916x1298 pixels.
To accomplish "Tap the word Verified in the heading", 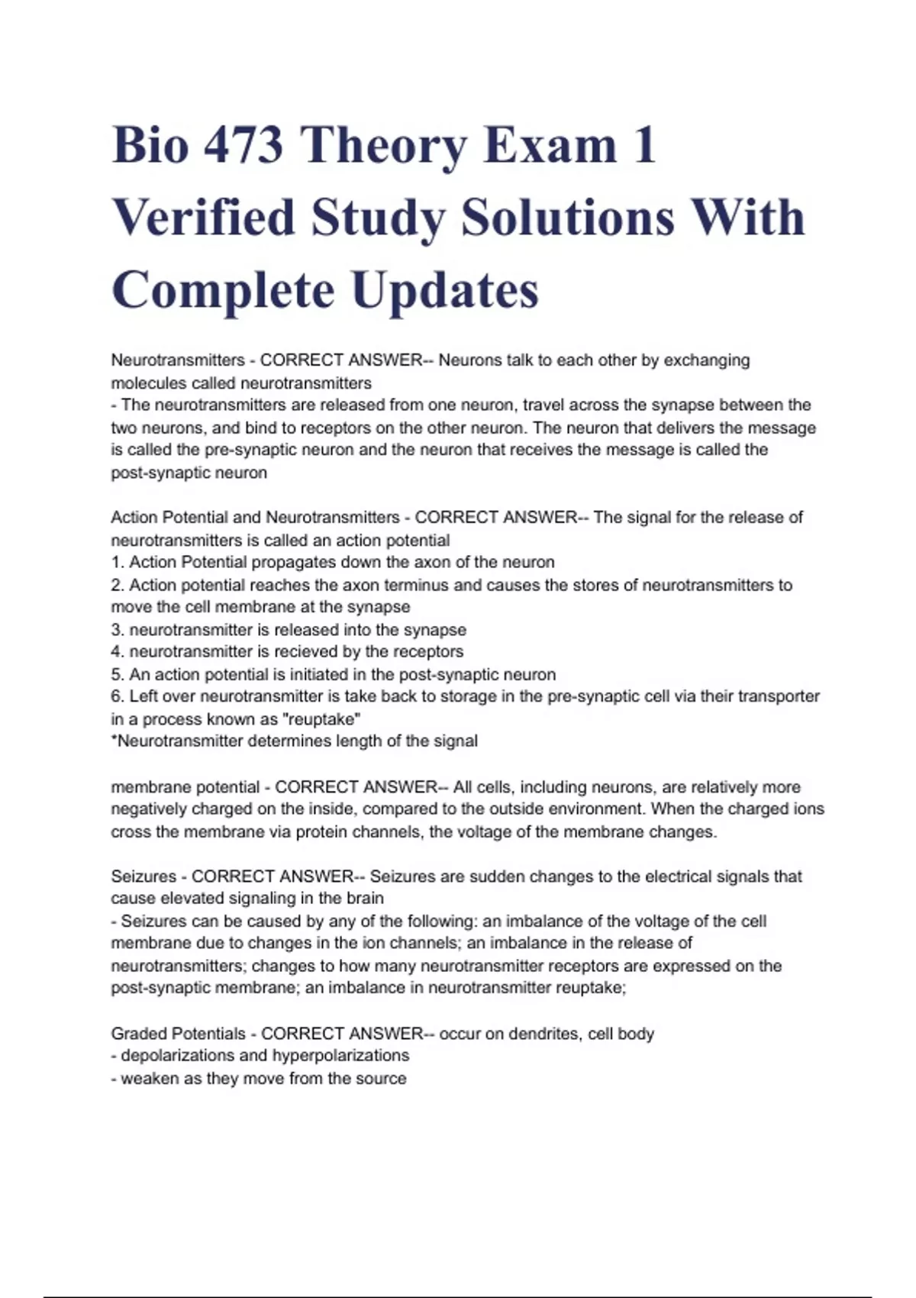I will pos(204,218).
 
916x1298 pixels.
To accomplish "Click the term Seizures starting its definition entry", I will pos(144,877).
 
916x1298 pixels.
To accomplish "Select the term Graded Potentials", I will pos(178,1034).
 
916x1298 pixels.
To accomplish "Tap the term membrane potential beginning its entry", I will pos(185,787).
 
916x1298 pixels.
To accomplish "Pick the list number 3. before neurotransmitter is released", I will pos(118,630).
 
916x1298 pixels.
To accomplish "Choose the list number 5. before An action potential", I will pos(118,675).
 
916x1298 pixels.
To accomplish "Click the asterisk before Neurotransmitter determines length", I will pos(114,740).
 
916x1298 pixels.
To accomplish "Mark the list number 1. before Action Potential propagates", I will pos(118,563).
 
